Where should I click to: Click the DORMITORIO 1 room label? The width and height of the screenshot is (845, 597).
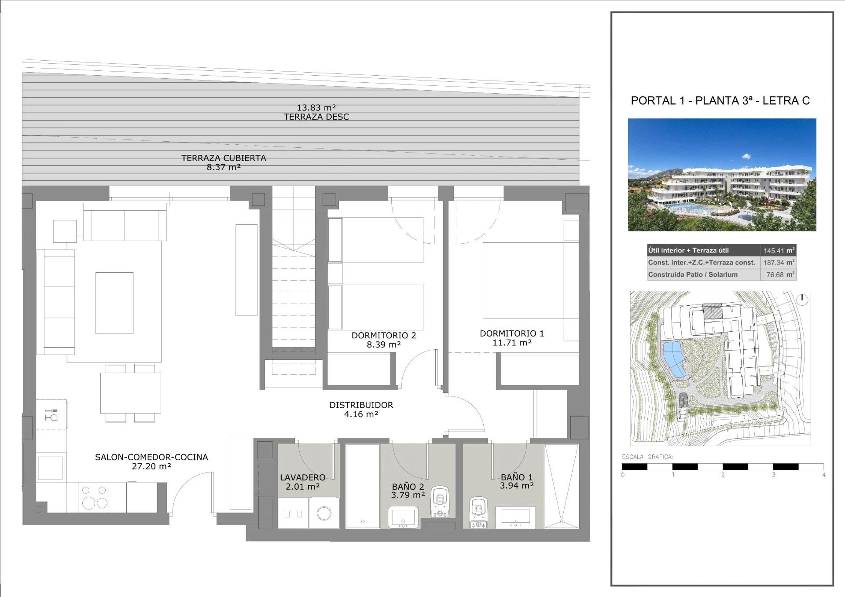(x=511, y=333)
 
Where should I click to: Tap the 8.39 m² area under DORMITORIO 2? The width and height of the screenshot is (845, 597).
(x=383, y=344)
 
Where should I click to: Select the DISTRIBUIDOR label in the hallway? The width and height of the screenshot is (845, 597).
(x=361, y=405)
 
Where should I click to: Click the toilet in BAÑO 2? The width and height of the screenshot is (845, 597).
(x=440, y=502)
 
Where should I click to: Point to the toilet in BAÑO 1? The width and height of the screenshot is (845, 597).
(x=478, y=512)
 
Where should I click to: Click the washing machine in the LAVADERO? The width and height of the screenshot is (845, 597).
(x=324, y=513)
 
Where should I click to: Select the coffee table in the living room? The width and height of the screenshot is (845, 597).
(x=114, y=303)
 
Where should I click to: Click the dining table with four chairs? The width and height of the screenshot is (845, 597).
(x=130, y=392)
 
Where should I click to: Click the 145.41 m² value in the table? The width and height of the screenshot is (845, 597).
(x=779, y=251)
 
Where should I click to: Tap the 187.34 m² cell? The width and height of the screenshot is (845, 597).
(x=779, y=263)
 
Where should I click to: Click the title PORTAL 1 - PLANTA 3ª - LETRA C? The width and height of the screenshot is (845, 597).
(x=720, y=101)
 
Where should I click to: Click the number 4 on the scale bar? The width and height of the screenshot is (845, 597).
(x=823, y=475)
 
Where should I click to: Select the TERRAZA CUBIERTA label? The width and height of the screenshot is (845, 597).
(x=224, y=158)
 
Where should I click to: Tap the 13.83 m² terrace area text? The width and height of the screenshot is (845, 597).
(x=316, y=107)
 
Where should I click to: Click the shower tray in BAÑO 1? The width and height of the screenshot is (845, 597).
(x=561, y=486)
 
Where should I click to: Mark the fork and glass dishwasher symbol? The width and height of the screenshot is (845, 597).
(x=51, y=414)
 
